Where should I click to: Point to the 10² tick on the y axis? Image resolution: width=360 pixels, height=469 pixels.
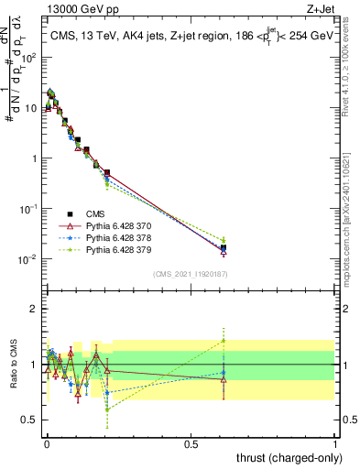(27, 57)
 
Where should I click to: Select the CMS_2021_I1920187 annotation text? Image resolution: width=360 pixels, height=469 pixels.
(190, 273)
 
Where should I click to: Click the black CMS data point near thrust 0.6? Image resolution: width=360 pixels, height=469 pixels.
(224, 247)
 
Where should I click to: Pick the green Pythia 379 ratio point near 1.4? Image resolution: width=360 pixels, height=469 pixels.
(224, 341)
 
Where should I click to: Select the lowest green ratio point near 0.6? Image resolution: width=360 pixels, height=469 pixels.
(107, 409)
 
